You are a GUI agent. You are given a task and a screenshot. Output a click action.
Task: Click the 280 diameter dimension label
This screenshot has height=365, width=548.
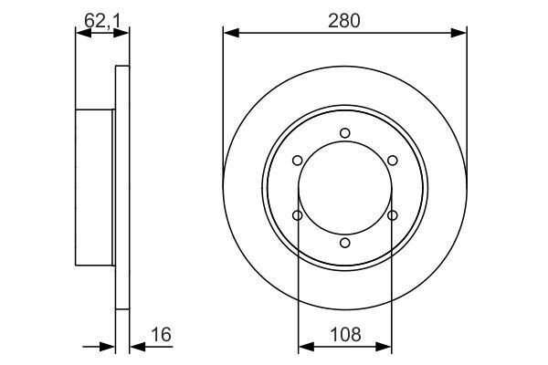pos(344,21)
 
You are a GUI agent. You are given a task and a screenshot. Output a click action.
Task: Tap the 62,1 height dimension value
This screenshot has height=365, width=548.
pos(102,21)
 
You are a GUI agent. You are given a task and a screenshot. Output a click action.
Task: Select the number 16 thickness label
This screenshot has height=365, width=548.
pos(161,335)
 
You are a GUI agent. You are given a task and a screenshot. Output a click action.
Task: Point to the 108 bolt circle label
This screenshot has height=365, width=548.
pos(345,335)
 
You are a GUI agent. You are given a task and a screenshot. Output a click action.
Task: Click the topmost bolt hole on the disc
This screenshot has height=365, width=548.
pos(345,133)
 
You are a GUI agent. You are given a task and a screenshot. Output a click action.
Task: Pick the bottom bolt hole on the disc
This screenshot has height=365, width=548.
pos(345,243)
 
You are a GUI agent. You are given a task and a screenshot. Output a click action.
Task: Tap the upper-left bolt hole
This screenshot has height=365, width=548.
pos(298,161)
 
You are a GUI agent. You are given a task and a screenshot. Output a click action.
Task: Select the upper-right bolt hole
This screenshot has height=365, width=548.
pos(393,161)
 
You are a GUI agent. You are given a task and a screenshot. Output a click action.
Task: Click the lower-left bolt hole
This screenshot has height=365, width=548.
pos(298,215)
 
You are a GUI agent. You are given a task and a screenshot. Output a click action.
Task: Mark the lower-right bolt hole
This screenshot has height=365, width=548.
pos(393,215)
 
